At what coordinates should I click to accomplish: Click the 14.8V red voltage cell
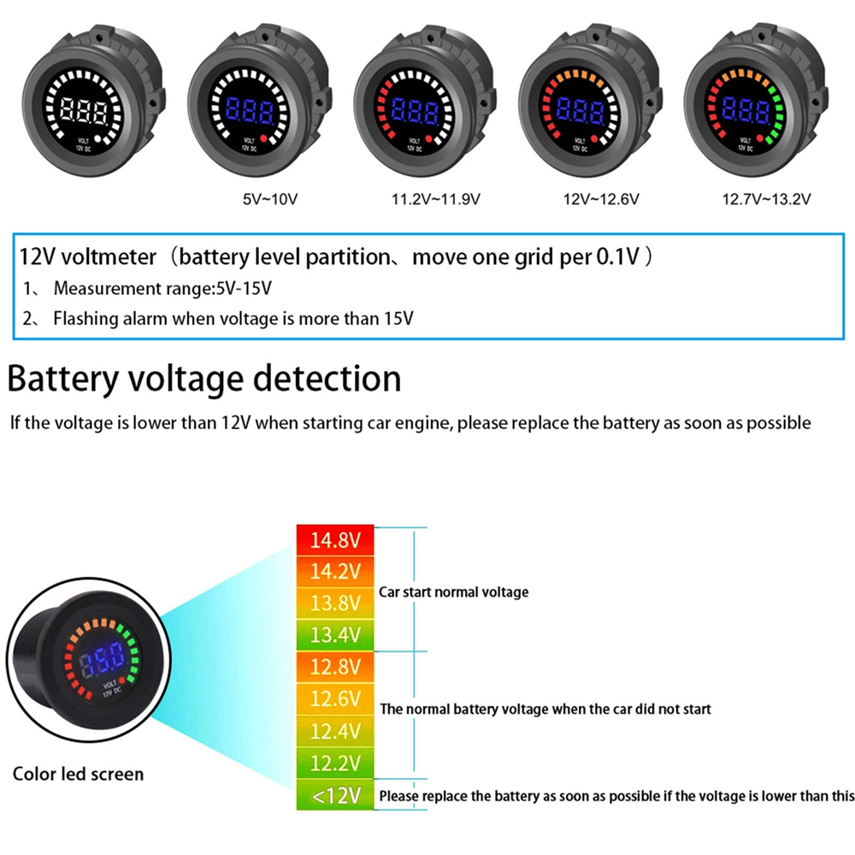335,541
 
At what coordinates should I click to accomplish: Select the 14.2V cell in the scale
335,572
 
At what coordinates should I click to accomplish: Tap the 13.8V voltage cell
335,604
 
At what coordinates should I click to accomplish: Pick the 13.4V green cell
335,634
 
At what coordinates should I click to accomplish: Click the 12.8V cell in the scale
335,667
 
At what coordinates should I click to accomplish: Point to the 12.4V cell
335,732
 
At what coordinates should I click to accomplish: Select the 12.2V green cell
335,764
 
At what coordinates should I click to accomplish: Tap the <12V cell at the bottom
335,796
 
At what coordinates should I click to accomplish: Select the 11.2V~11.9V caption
435,200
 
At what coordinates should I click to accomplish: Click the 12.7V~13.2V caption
767,200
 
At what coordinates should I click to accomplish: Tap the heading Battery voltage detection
204,379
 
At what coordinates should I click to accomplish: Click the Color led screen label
78,775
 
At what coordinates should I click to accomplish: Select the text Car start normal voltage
453,592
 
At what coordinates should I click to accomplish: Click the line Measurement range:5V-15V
162,289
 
